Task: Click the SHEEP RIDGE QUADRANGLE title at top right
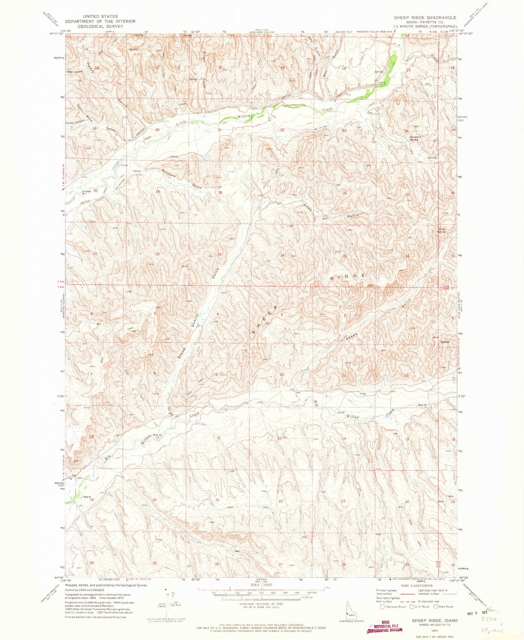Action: pos(425,17)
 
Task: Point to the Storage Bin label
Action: pos(86,192)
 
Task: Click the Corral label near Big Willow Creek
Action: pos(341,412)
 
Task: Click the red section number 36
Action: pos(407,256)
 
